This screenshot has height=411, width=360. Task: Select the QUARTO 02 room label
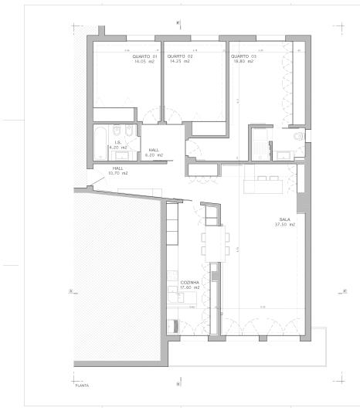click(x=179, y=56)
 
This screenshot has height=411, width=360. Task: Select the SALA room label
click(x=285, y=219)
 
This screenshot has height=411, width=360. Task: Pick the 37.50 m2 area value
click(x=287, y=225)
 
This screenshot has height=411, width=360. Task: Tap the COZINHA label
click(x=190, y=283)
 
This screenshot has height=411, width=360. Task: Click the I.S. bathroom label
click(x=119, y=142)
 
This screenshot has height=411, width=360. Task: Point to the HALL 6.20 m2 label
click(x=153, y=152)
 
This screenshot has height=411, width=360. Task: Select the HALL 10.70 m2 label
click(x=118, y=170)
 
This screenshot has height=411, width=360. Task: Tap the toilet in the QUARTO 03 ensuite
click(x=299, y=138)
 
